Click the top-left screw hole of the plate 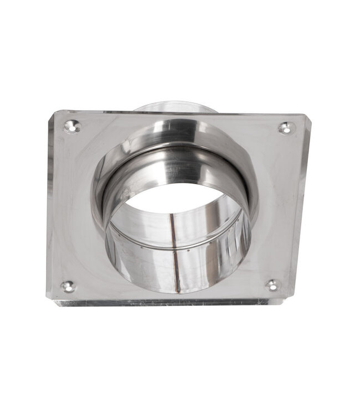[x=72, y=127]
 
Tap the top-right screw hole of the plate [x=286, y=128]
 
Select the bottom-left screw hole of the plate [x=68, y=286]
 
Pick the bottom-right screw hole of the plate [x=272, y=285]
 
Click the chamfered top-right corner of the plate [x=307, y=118]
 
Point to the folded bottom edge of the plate [x=166, y=302]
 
